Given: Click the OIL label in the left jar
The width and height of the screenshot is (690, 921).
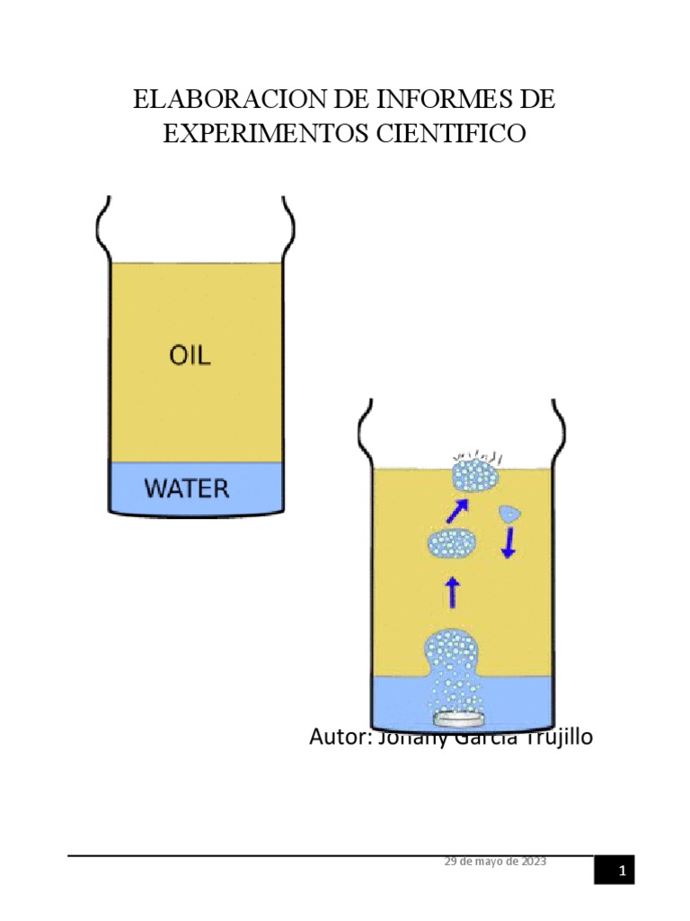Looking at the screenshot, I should click(x=190, y=355).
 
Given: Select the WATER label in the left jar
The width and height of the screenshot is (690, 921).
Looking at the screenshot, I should click(x=188, y=489).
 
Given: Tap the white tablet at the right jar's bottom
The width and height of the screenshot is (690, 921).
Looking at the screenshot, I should click(x=460, y=719).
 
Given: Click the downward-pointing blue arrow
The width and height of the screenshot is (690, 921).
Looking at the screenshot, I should click(x=509, y=542).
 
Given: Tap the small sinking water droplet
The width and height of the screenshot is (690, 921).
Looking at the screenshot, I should click(x=509, y=514).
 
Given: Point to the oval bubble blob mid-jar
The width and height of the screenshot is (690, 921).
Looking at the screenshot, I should click(x=451, y=544).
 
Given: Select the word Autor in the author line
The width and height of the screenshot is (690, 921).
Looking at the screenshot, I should click(x=337, y=738).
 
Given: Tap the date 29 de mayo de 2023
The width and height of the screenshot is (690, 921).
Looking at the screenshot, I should click(x=495, y=861).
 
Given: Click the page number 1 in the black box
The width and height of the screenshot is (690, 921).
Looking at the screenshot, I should click(x=621, y=871).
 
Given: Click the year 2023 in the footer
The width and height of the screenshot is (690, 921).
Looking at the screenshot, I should click(x=531, y=861).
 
